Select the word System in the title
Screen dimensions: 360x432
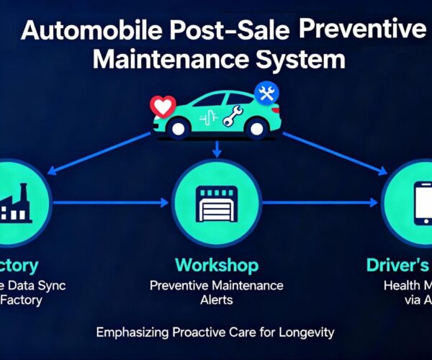[x=302, y=59]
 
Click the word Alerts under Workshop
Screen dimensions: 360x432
[x=215, y=300]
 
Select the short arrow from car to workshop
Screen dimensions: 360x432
[x=216, y=148]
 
